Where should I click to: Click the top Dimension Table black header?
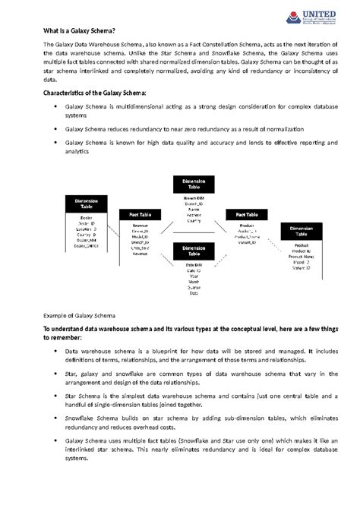(x=188, y=184)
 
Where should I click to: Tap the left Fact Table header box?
(x=140, y=215)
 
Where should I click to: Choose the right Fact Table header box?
(x=247, y=215)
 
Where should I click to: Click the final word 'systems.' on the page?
(x=77, y=459)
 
